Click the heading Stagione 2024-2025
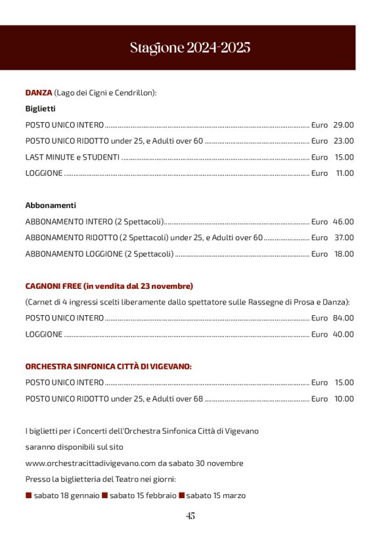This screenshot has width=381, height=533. pos(190,48)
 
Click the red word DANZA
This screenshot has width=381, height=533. pos(39,93)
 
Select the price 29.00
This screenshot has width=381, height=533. pos(343,125)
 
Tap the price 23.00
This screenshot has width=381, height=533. pos(343,141)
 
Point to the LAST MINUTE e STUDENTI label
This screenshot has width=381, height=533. pos(72,158)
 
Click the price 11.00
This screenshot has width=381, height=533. pos(344,173)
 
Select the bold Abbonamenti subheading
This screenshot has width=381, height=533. pos(51,205)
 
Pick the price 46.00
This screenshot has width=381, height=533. pos(343,222)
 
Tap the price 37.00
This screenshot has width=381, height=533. pos(343,238)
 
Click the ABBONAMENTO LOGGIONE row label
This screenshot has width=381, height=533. pos(99,254)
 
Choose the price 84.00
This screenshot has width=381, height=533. pos(343,318)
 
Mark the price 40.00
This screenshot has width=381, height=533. pos(343,335)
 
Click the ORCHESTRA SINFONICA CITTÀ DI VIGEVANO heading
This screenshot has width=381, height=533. pos(108,366)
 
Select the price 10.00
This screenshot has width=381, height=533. pos(343,398)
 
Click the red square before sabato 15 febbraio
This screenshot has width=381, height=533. pos(104,496)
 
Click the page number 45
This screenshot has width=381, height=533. pos(190,516)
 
